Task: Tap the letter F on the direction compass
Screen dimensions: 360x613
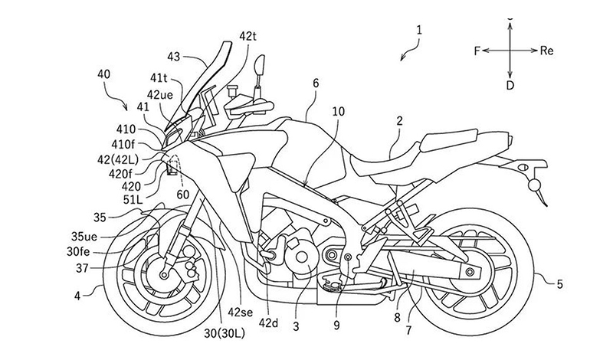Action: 476,51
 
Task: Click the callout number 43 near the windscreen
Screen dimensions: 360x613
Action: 174,56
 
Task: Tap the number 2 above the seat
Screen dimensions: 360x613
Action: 398,120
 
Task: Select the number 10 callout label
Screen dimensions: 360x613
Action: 338,112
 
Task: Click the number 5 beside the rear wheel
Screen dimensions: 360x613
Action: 559,284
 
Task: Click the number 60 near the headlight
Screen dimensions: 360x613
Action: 182,195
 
